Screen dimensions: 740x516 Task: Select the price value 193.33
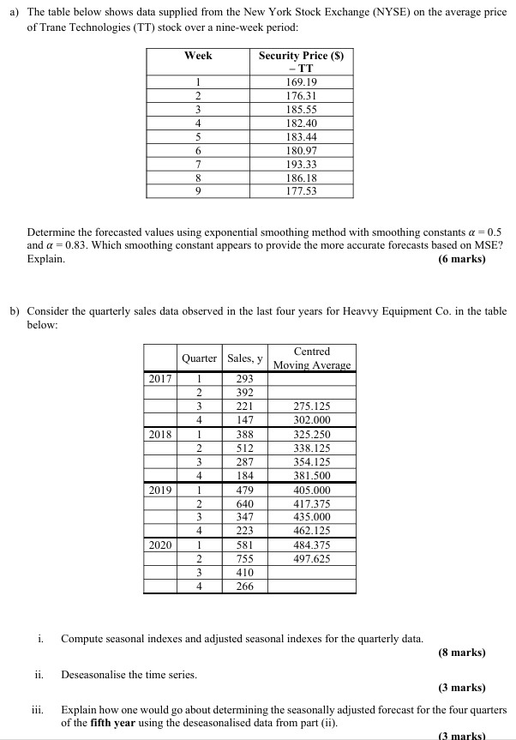pos(300,164)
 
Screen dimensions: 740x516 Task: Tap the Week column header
pos(198,56)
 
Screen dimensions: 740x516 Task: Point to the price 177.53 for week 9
pos(300,190)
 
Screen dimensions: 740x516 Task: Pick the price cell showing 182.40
pos(300,124)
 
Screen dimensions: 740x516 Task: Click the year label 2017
pos(160,378)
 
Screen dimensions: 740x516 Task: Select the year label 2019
pos(160,490)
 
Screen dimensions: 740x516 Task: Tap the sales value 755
pos(244,558)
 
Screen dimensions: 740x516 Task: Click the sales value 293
pos(244,378)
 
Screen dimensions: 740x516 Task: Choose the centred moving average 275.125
pos(311,407)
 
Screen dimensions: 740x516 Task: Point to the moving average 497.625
pos(311,558)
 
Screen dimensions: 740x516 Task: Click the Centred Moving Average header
pos(311,358)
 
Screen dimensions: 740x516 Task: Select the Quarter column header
pos(198,358)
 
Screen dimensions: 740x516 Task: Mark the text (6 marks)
pos(461,258)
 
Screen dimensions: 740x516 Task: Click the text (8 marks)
pos(461,653)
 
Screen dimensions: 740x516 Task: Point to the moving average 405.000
pos(311,490)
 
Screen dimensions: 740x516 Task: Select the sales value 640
pos(244,505)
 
